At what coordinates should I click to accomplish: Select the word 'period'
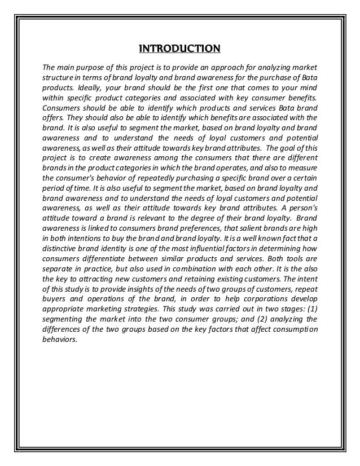pyautogui.click(x=54, y=191)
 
